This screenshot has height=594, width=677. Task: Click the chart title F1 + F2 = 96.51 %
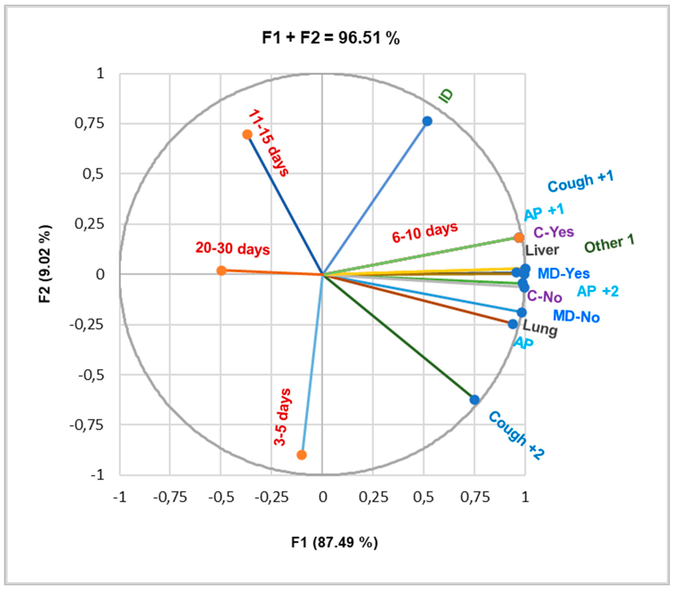pos(331,38)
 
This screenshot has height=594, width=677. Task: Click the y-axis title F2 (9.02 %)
pos(45,264)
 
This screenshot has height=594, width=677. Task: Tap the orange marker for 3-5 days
pos(301,455)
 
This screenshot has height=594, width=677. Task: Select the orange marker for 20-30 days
pos(221,271)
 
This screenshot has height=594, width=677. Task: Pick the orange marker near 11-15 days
pos(247,134)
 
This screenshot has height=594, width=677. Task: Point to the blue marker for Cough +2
pos(474,400)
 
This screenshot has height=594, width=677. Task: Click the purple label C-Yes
pos(553,232)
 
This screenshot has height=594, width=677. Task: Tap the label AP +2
pos(598,291)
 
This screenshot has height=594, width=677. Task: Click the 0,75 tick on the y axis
pos(85,123)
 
